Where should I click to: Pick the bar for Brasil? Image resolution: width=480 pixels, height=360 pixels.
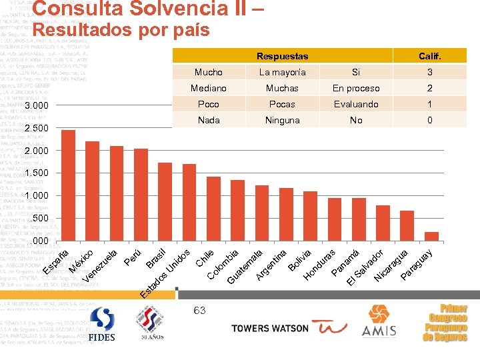click(x=165, y=201)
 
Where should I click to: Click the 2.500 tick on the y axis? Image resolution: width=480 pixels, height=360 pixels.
click(x=36, y=128)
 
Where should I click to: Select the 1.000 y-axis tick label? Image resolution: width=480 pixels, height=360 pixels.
click(x=36, y=195)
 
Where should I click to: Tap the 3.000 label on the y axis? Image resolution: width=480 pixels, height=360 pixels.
click(x=36, y=105)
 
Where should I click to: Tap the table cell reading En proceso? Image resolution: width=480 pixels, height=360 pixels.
click(x=356, y=88)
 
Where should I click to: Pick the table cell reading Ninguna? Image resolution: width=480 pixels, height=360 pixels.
click(x=283, y=120)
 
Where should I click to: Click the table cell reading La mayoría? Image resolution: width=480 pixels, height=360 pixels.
click(x=283, y=72)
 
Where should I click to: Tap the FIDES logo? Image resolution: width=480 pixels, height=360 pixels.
click(x=101, y=325)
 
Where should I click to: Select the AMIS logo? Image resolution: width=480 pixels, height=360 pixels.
click(x=379, y=321)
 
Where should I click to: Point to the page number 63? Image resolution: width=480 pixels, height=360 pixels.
click(x=200, y=309)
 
